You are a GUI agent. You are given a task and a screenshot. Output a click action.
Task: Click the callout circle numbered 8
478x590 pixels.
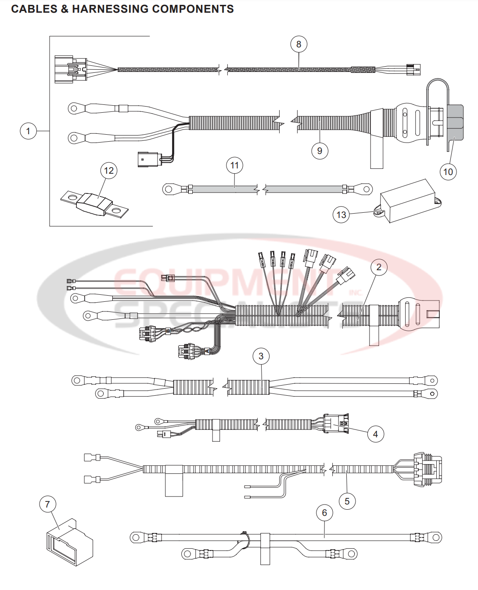[298, 44]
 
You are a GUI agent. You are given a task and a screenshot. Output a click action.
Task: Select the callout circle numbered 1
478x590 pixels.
[29, 131]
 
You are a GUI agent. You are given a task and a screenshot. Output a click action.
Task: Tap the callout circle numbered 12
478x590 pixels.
[109, 171]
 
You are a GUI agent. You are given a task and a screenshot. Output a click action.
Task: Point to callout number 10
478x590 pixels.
[448, 172]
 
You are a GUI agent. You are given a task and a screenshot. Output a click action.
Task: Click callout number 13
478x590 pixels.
[341, 215]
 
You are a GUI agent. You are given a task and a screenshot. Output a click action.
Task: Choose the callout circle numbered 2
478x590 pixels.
[379, 267]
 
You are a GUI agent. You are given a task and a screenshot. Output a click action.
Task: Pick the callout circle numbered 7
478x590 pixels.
[47, 504]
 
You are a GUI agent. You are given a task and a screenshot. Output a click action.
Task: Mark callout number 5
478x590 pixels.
[347, 501]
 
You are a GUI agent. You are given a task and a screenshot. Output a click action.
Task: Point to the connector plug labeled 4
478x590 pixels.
[335, 423]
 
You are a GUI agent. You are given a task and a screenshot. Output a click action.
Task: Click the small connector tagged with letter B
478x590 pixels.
[147, 333]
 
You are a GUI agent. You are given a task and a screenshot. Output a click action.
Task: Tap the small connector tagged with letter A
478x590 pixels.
[186, 351]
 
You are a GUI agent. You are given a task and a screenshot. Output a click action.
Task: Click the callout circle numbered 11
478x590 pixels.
[234, 165]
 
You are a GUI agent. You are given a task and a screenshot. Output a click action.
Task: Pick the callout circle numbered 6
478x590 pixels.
[324, 513]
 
